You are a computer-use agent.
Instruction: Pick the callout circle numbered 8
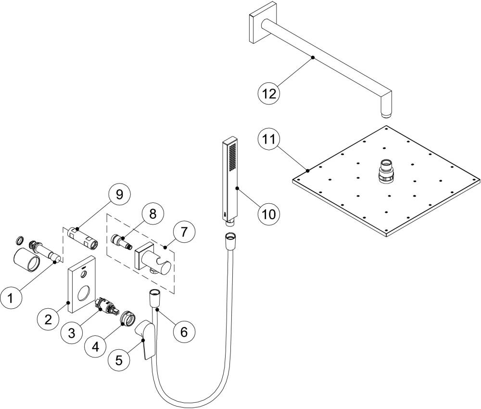tap(152, 213)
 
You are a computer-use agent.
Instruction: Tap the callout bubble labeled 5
tap(119, 359)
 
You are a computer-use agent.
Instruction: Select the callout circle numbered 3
tap(72, 332)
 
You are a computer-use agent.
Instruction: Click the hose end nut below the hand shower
tap(230, 238)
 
